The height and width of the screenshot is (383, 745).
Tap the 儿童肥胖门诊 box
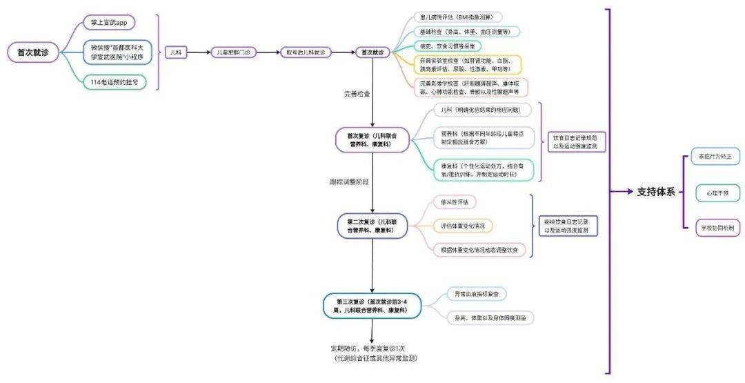click(234, 52)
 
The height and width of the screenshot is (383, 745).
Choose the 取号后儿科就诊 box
click(306, 52)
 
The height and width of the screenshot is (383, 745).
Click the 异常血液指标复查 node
click(476, 294)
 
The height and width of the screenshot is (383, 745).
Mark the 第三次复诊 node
click(372, 306)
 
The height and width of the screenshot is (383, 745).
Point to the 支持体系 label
click(656, 192)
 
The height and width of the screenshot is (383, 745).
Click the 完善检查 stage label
click(357, 92)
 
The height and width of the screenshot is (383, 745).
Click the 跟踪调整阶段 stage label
click(349, 181)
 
